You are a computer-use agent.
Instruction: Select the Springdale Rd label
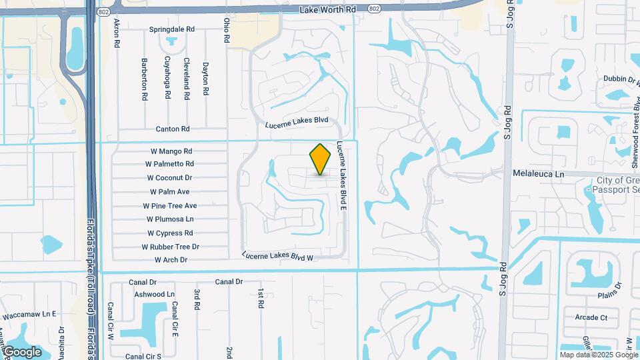[171, 30]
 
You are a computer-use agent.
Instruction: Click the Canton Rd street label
[173, 129]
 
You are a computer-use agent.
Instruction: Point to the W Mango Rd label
[169, 151]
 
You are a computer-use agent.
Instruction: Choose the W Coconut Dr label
[169, 178]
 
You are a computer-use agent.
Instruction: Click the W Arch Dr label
[171, 260]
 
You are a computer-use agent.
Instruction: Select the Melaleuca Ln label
[539, 173]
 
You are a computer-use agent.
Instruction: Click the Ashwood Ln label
[154, 294]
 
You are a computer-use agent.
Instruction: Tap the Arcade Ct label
[591, 317]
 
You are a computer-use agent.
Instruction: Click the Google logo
[22, 352]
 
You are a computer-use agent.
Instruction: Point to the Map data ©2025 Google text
[599, 355]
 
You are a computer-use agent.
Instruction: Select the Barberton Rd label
[144, 79]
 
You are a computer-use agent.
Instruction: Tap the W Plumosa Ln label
[169, 219]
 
